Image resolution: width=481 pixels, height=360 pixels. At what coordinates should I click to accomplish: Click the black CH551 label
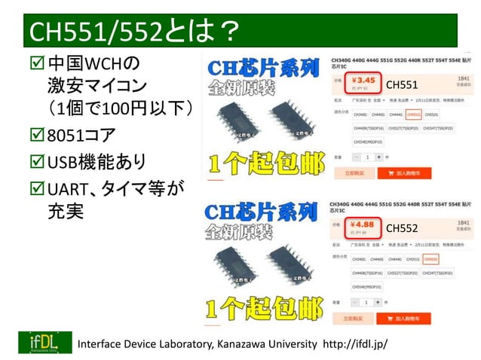click(x=402, y=85)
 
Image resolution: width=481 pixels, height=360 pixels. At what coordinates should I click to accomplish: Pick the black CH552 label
click(x=402, y=227)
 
